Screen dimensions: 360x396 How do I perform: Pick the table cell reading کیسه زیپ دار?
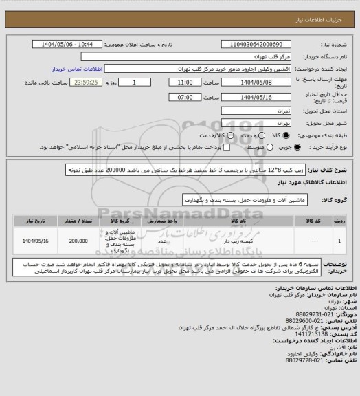pyautogui.click(x=239, y=242)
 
